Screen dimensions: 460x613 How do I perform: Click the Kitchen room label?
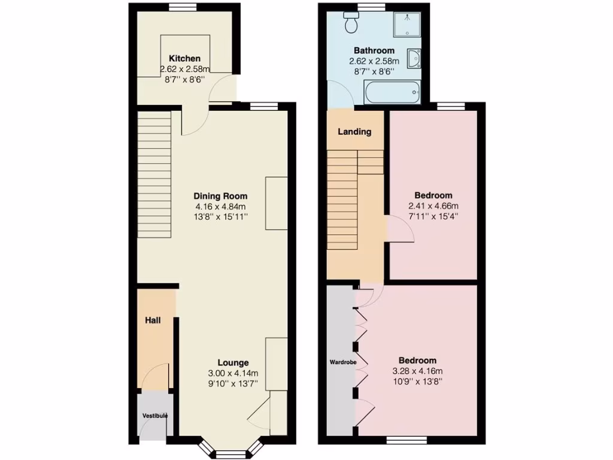(184, 59)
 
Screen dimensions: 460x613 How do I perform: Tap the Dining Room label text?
(220, 196)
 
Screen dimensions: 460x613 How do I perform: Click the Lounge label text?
(233, 362)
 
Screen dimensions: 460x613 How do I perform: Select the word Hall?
(153, 321)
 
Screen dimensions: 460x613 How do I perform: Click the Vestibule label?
(154, 416)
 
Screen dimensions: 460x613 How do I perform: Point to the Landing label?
(354, 132)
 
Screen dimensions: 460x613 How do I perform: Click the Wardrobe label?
(341, 362)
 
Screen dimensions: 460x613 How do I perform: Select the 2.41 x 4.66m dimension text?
(433, 205)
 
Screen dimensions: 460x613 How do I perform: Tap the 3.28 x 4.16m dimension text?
(417, 371)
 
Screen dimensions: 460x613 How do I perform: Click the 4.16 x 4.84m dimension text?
(220, 206)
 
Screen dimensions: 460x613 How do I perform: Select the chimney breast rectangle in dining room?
(276, 203)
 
